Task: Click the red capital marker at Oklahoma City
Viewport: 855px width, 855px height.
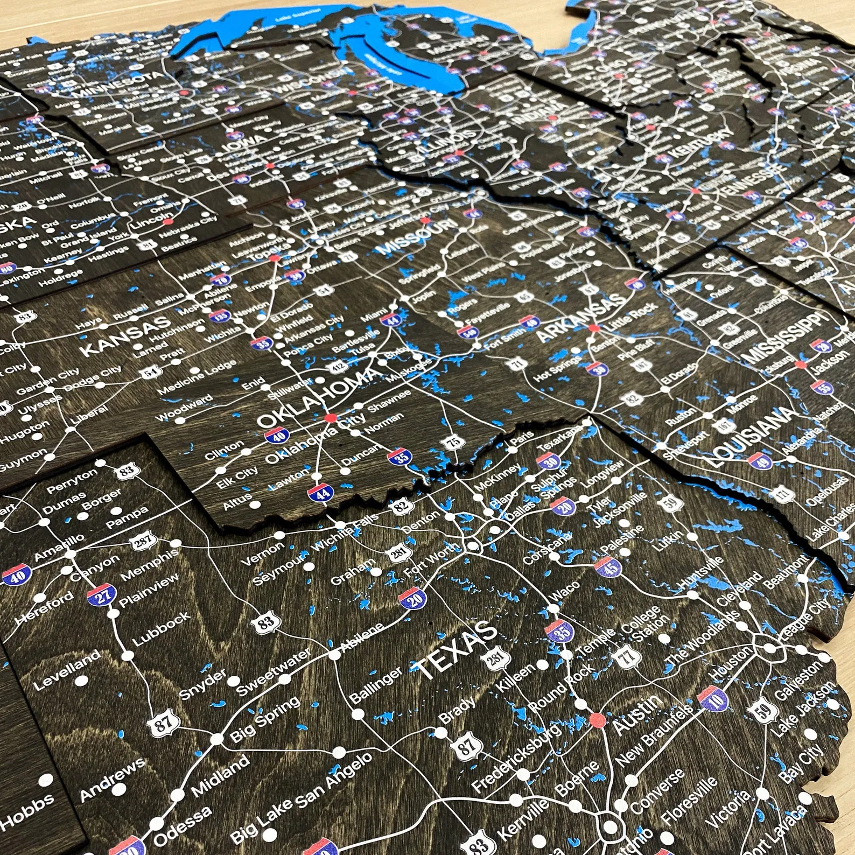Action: [330, 418]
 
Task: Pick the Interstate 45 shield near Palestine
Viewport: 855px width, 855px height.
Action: [605, 566]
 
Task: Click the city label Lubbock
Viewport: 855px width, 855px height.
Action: [161, 628]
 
